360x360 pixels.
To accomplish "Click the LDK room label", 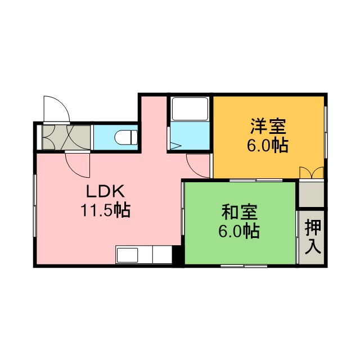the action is (106, 191).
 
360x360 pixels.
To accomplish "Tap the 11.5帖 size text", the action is (106, 210).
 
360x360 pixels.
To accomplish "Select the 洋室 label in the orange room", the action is (268, 126).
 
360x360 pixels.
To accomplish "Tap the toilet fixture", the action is (126, 137).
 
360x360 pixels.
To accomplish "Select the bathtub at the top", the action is (190, 109).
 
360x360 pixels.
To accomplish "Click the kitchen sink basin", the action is (127, 255).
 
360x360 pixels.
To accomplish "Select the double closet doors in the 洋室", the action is (312, 173).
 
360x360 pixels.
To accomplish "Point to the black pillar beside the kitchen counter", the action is (177, 256).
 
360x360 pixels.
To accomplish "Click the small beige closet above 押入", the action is (312, 195).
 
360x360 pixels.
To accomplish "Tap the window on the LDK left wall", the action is (35, 205).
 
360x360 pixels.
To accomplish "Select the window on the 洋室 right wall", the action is (326, 132).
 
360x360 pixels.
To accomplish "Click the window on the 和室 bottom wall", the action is (244, 266).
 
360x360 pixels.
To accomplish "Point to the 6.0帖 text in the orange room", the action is (268, 146).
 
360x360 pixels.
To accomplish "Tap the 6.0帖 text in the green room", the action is (239, 231).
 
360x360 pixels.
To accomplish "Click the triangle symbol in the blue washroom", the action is (175, 146).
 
